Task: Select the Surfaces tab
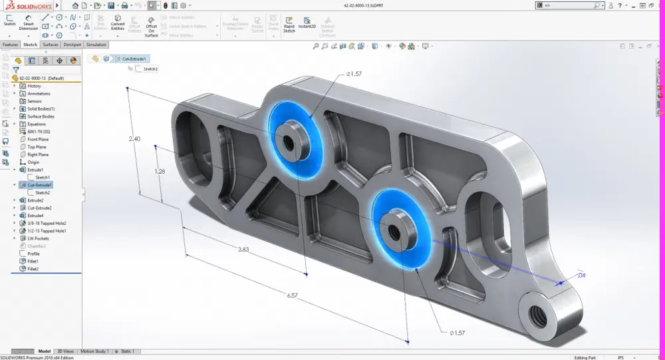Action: pyautogui.click(x=51, y=45)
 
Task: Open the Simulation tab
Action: pyautogui.click(x=96, y=45)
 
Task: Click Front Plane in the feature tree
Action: pyautogui.click(x=38, y=139)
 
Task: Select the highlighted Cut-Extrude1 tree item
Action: pyautogui.click(x=39, y=185)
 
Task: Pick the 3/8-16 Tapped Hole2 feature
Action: pyautogui.click(x=47, y=223)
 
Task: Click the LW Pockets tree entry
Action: pyautogui.click(x=39, y=238)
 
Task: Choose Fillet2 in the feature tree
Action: pyautogui.click(x=33, y=269)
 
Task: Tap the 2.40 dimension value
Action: pyautogui.click(x=134, y=138)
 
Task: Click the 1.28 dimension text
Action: pyautogui.click(x=160, y=171)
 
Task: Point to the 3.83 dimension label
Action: pyautogui.click(x=244, y=249)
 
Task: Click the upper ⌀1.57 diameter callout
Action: pyautogui.click(x=353, y=74)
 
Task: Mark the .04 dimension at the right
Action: pyautogui.click(x=581, y=275)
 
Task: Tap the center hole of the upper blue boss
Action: pyautogui.click(x=289, y=141)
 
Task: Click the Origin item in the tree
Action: pyautogui.click(x=33, y=162)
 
